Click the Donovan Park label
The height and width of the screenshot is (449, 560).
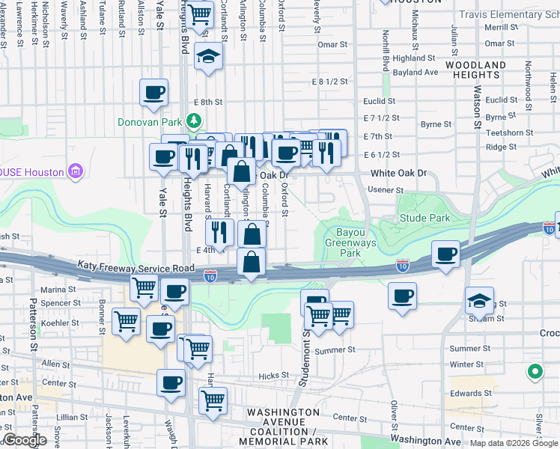click(x=150, y=121)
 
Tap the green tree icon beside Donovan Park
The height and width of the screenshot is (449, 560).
click(x=194, y=120)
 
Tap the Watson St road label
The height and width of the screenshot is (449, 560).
click(x=476, y=112)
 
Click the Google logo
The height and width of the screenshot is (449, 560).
click(x=25, y=440)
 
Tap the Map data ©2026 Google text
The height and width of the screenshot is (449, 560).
click(x=514, y=443)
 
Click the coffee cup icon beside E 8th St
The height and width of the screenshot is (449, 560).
click(x=153, y=94)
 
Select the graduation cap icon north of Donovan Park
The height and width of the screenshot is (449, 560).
click(x=208, y=56)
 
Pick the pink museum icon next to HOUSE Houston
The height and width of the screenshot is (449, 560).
click(x=75, y=171)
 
